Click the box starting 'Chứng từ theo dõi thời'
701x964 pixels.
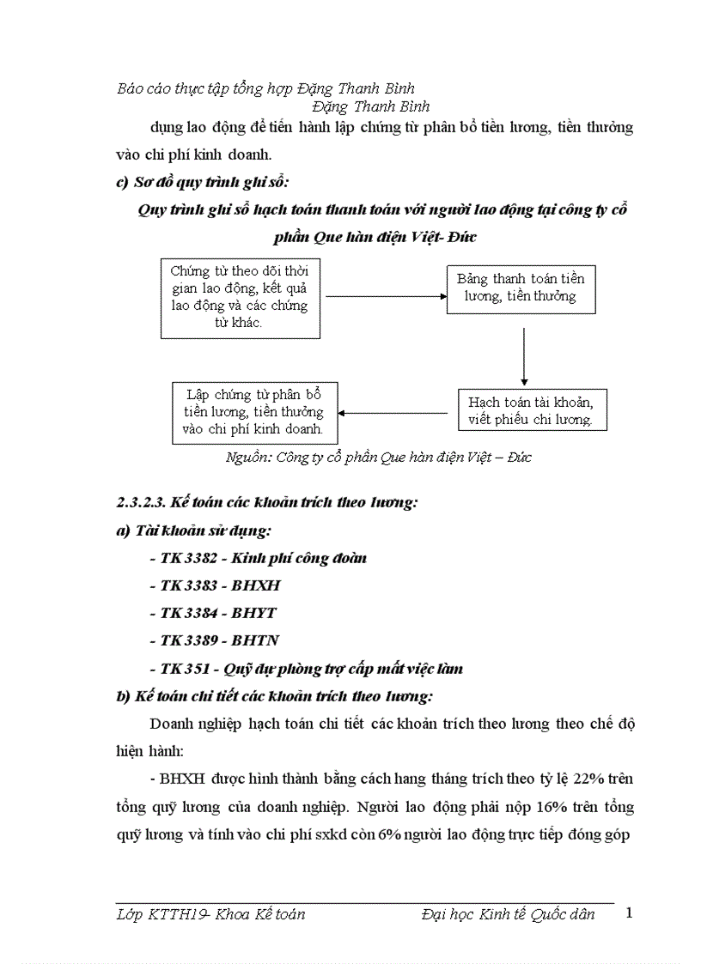tap(241, 297)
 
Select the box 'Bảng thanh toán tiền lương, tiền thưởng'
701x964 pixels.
tap(521, 288)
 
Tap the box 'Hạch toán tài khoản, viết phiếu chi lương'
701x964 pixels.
tap(525, 411)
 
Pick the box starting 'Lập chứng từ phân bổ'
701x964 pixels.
tap(253, 412)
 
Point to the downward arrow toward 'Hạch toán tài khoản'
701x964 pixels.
tap(523, 351)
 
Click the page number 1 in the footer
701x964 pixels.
tap(630, 912)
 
